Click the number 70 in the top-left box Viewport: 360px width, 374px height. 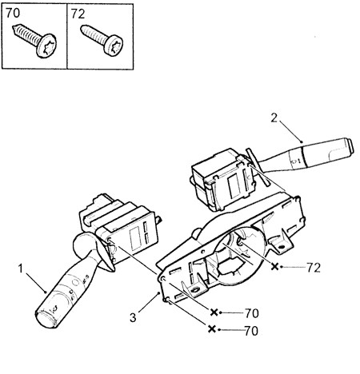[13, 13]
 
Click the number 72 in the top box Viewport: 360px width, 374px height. [78, 14]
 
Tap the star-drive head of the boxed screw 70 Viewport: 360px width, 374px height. [47, 46]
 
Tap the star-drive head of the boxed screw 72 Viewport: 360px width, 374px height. [114, 46]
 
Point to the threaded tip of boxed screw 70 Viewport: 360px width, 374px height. [14, 27]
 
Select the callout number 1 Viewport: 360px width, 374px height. [21, 269]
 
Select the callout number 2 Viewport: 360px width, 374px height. [274, 118]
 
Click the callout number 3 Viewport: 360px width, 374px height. [133, 317]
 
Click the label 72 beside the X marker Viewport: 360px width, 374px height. [314, 268]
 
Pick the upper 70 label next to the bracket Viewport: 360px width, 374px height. [251, 313]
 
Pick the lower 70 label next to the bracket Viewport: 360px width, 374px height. [251, 331]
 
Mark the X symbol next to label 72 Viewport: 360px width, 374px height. [274, 266]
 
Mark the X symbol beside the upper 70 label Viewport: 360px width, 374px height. [214, 312]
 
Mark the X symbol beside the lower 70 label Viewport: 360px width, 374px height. [211, 329]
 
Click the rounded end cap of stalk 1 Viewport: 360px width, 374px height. [46, 320]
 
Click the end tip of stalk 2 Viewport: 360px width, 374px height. [350, 146]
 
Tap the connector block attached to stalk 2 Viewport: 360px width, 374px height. [223, 182]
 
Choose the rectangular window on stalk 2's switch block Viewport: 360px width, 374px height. [234, 186]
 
